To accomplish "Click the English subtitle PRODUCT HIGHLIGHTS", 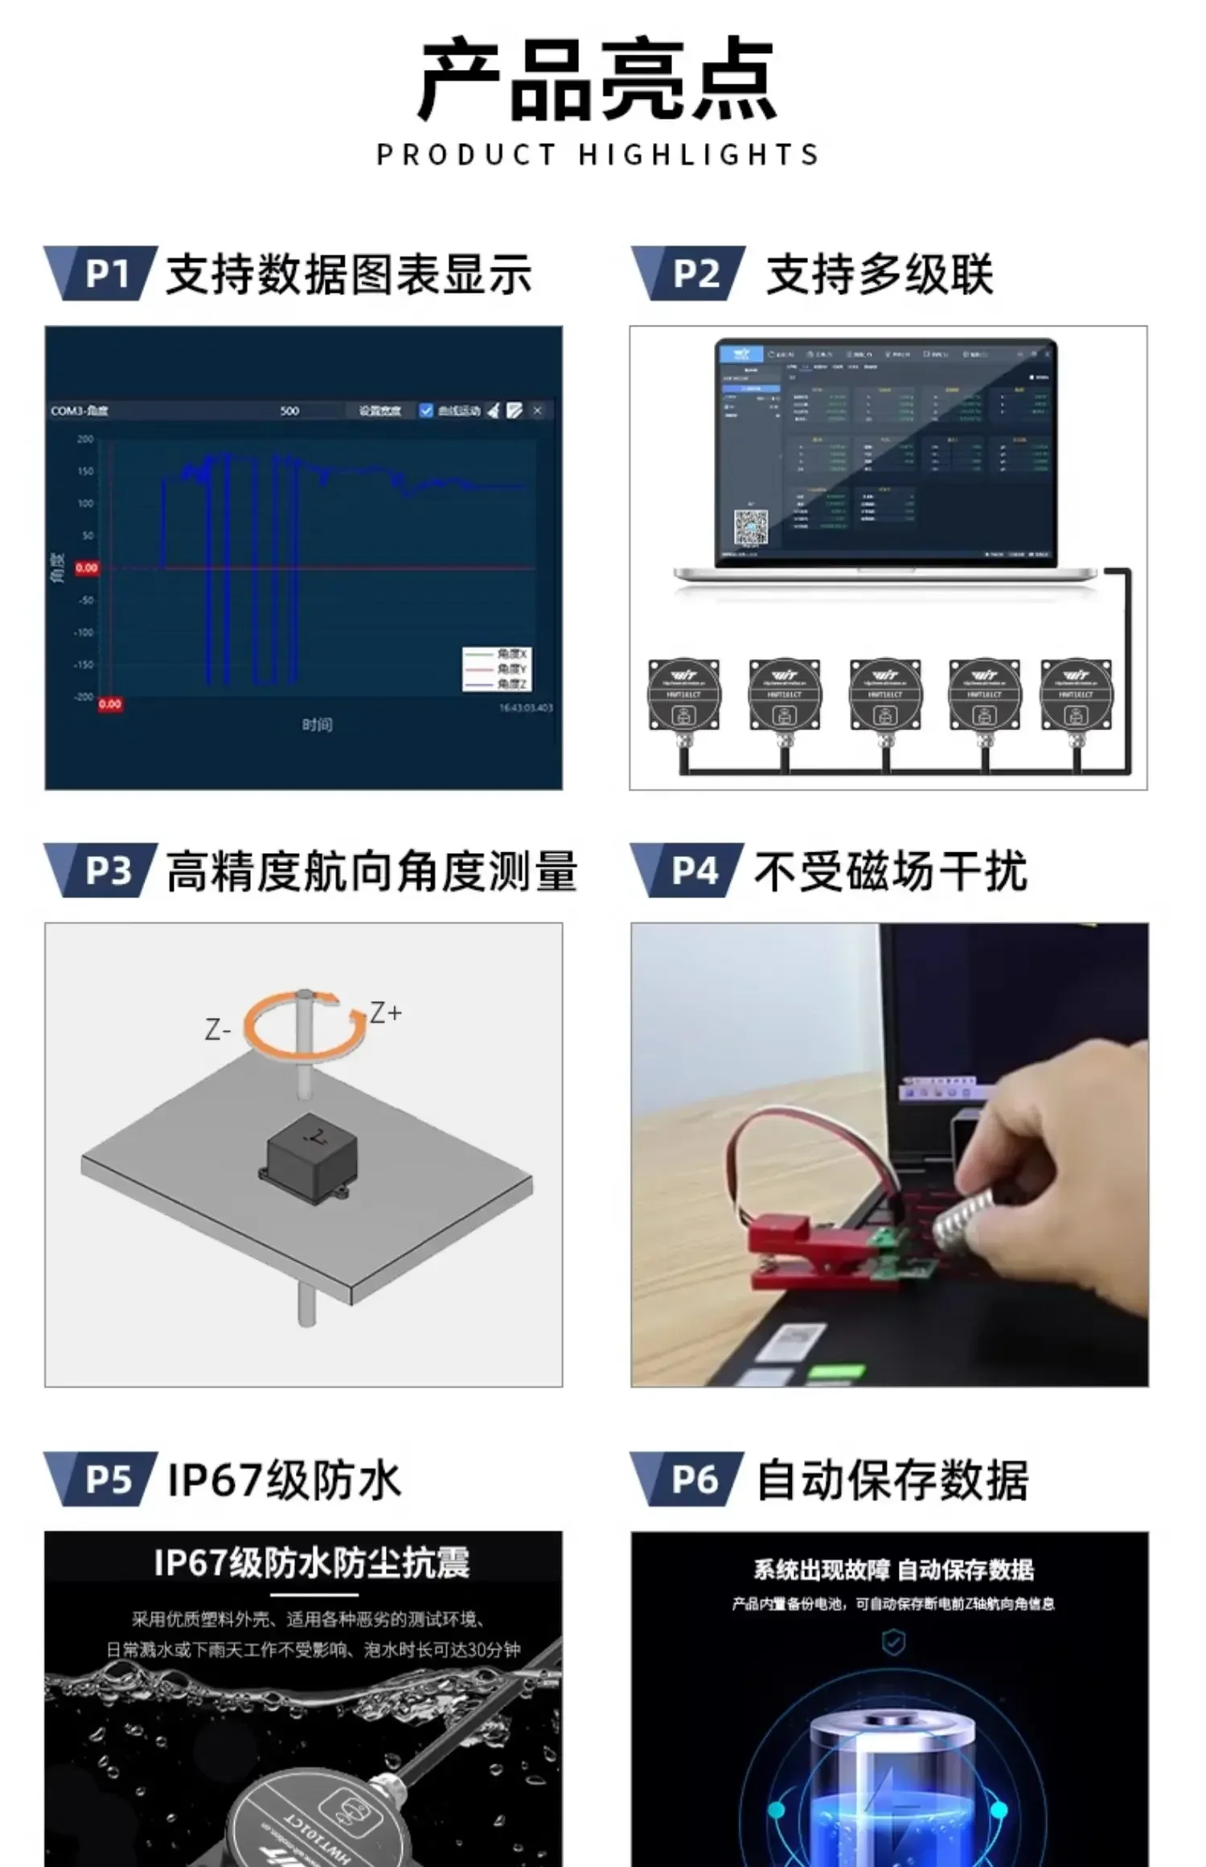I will click(598, 154).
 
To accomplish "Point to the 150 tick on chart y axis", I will click(85, 471).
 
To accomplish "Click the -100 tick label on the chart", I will click(84, 633).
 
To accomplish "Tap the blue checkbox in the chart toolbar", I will click(426, 411).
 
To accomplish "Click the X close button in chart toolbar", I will click(538, 411).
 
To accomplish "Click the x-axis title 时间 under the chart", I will click(317, 725).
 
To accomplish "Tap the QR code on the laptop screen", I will click(750, 527).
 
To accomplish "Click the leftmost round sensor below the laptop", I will click(684, 696).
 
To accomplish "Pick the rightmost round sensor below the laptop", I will click(1077, 696).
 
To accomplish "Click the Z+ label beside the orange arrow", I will click(385, 1012).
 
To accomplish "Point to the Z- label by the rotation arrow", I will click(218, 1029).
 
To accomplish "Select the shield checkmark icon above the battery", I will click(893, 1643).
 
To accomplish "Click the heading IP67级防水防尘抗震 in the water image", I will click(311, 1563).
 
